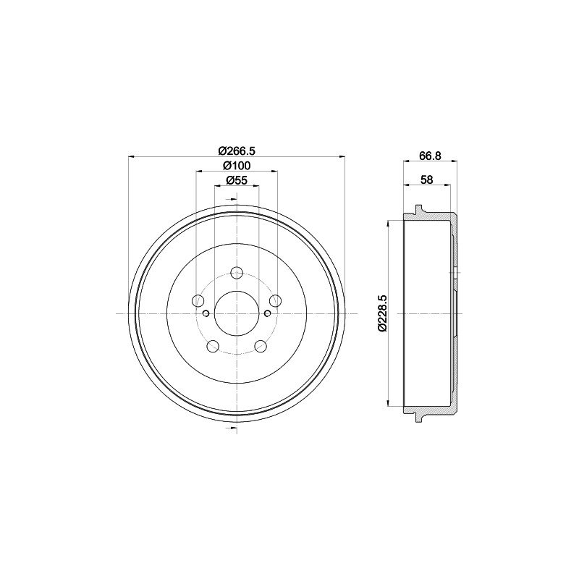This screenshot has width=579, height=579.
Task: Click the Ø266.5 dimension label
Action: point(237,151)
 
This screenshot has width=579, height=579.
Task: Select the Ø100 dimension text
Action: point(237,166)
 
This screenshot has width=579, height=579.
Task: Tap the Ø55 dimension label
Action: point(237,180)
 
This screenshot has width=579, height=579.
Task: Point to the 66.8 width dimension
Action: point(430,156)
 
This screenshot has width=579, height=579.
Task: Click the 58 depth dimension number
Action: point(427,179)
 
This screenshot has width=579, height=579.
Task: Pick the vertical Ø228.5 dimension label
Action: point(382,313)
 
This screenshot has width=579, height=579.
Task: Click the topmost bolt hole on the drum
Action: point(237,274)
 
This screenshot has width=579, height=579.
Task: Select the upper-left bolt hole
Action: point(199,300)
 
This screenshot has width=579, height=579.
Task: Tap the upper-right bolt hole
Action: point(274,300)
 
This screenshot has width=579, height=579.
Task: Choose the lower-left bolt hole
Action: point(213,346)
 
